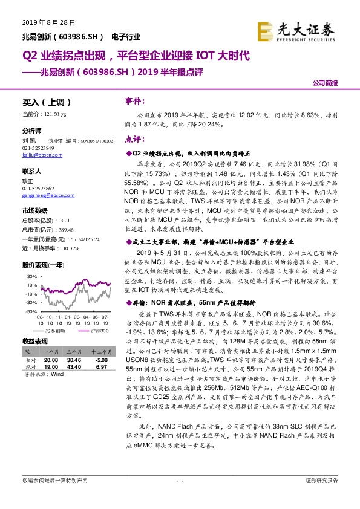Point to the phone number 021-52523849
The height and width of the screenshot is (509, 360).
coord(38,148)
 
